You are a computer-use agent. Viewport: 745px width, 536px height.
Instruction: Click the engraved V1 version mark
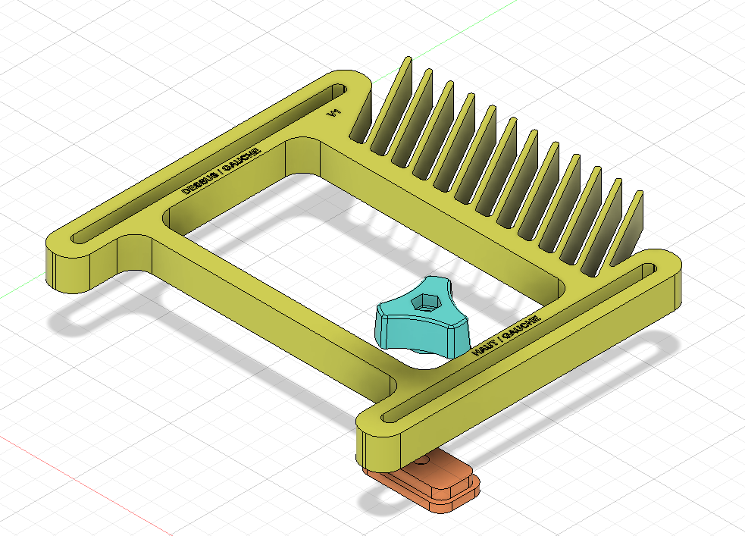tap(331, 114)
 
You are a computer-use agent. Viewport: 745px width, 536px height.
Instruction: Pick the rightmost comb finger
tap(635, 220)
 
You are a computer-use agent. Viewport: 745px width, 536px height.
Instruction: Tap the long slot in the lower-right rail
tap(523, 341)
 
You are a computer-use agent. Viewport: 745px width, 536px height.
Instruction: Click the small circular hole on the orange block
tap(421, 459)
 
